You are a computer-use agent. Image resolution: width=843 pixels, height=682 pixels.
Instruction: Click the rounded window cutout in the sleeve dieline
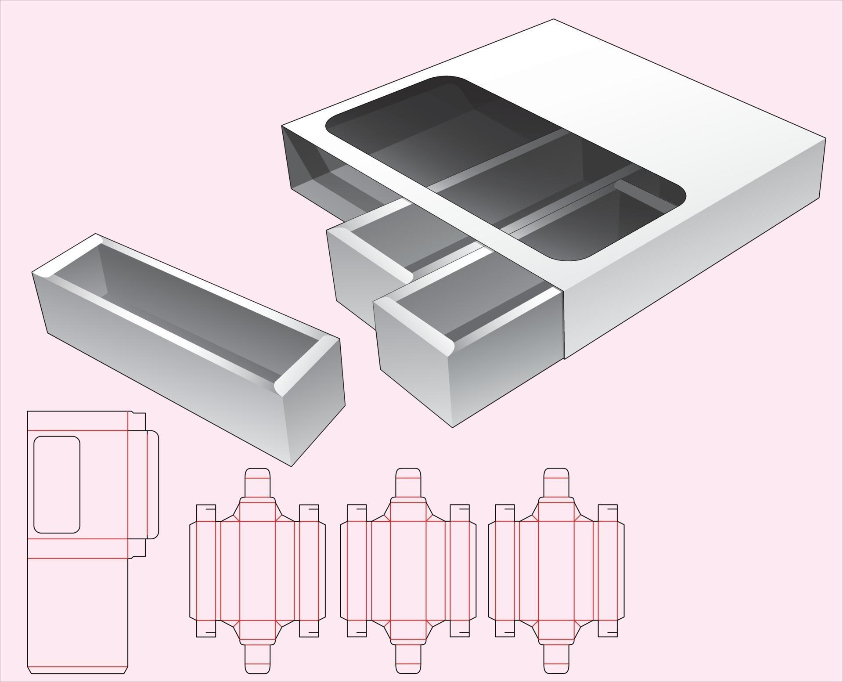click(57, 484)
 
